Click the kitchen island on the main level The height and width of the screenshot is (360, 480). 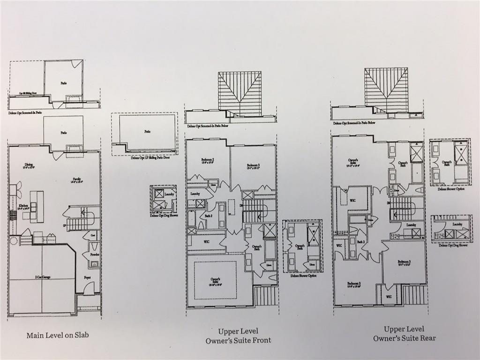[37, 206]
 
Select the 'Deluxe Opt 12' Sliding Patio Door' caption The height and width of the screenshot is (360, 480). [144, 158]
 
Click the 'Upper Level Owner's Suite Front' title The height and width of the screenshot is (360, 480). [238, 336]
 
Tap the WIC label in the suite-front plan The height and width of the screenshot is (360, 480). [206, 242]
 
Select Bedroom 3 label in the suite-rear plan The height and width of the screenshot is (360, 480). [405, 263]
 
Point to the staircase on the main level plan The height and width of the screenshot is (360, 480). [80, 220]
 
